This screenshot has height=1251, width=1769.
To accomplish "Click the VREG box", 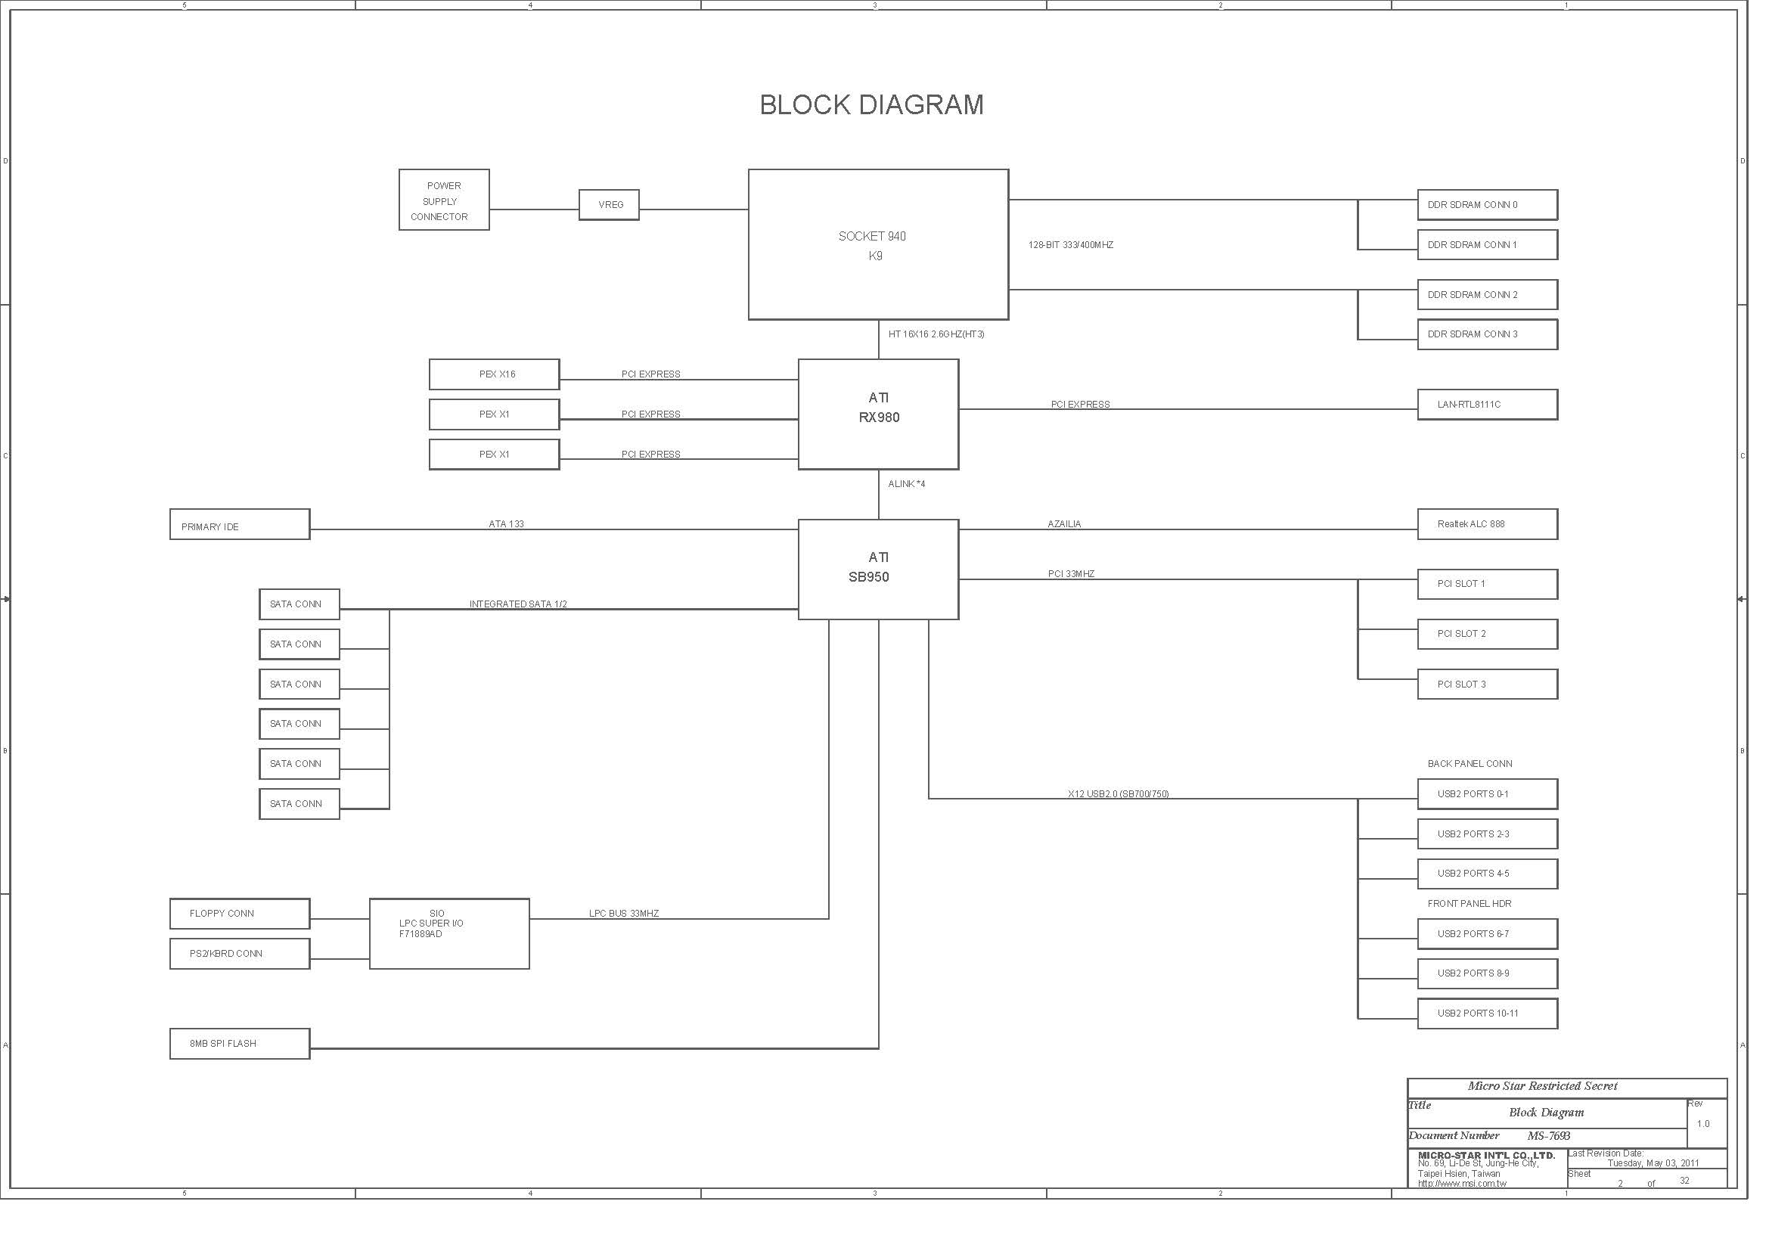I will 609,205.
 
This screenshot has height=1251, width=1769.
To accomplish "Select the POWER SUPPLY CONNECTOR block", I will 444,200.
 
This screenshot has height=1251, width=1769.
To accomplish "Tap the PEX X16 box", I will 494,374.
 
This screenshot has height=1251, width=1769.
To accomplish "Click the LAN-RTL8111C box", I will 1487,405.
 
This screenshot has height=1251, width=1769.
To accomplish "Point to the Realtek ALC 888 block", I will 1487,524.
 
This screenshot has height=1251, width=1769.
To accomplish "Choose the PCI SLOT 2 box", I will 1487,634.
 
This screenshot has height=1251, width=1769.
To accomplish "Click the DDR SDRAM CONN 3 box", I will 1487,334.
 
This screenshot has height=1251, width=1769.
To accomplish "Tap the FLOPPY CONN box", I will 240,914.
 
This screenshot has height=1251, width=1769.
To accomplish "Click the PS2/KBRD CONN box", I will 240,954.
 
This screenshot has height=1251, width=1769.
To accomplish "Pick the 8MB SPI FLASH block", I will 240,1044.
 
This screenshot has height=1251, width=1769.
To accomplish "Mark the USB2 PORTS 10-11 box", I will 1487,1014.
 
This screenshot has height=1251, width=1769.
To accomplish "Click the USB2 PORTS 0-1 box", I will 1487,794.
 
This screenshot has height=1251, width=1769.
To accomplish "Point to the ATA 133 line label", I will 506,524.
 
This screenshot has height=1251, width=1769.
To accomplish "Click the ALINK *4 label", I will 906,484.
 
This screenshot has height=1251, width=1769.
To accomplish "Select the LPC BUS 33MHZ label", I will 623,914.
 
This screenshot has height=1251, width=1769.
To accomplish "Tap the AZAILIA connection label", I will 1064,524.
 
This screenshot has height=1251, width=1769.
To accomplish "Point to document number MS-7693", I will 1549,1136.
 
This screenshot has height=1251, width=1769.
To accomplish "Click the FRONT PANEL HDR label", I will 1470,904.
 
